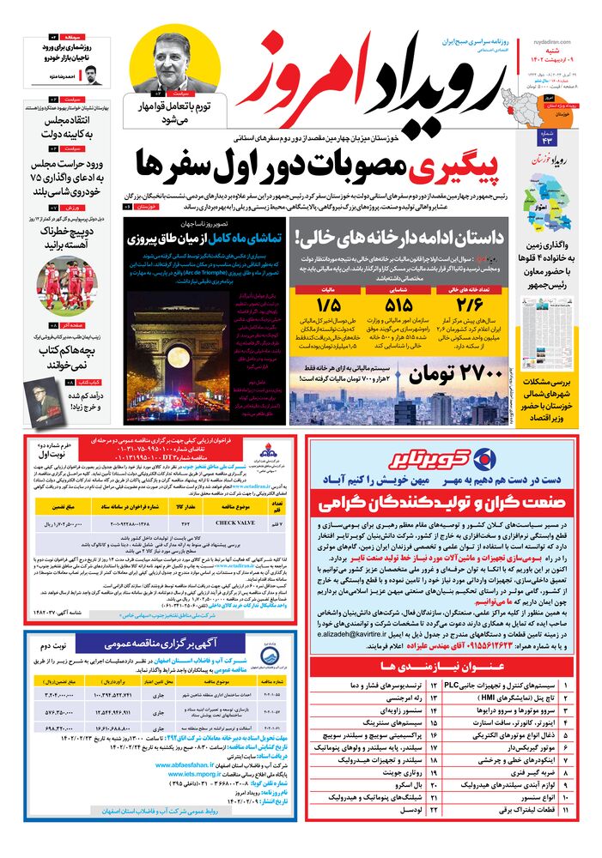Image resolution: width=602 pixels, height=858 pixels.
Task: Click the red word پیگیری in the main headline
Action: [463, 167]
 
